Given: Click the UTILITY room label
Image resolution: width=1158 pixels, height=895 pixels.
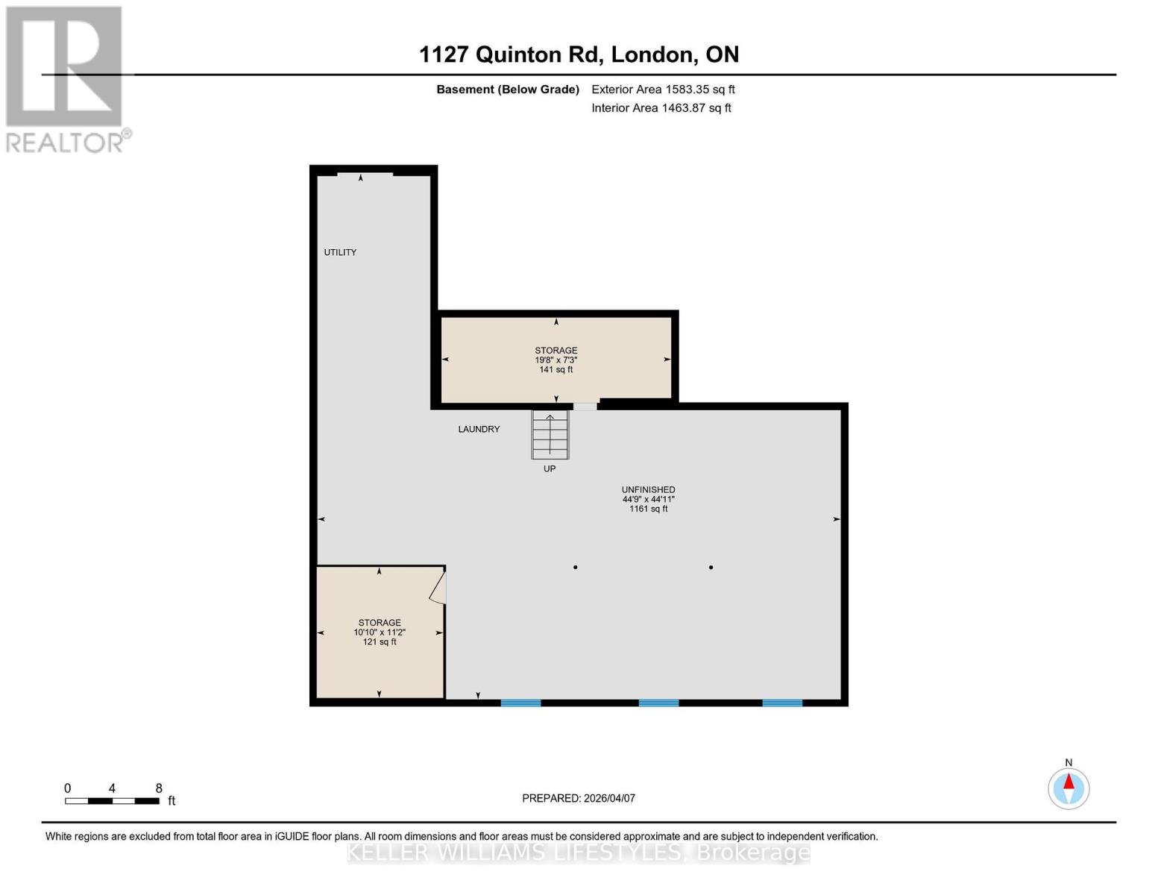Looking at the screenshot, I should (x=340, y=252).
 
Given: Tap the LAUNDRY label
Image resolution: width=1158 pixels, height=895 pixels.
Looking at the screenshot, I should (x=479, y=429).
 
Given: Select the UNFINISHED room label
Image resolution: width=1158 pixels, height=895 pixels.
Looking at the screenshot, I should (x=648, y=490).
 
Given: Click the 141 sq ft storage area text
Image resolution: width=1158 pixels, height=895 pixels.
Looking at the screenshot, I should (x=556, y=370).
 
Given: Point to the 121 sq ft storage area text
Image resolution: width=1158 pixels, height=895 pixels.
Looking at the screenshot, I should (x=380, y=642).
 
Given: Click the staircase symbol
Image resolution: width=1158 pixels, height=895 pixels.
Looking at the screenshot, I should (x=550, y=434).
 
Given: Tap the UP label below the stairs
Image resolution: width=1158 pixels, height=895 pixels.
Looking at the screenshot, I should (x=550, y=468).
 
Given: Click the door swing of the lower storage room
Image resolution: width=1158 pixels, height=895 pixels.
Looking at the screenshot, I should (x=438, y=586).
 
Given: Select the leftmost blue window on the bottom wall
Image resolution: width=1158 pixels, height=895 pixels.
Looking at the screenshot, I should (x=520, y=703).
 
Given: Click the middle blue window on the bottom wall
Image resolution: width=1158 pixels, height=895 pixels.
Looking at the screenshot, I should (x=658, y=703).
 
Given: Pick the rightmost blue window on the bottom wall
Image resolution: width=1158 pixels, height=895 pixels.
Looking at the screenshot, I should (x=781, y=703).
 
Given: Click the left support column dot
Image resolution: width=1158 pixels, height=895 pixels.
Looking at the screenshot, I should (x=575, y=568).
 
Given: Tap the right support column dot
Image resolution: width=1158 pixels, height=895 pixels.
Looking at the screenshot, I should (x=711, y=568).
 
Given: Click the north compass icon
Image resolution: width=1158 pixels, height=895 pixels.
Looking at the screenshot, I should (x=1069, y=788).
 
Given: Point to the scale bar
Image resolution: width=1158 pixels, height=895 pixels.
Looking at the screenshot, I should (x=112, y=801).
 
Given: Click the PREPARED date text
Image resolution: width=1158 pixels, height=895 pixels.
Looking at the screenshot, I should (x=579, y=798).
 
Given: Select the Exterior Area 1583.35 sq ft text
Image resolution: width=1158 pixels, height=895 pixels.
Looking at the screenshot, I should (x=663, y=89).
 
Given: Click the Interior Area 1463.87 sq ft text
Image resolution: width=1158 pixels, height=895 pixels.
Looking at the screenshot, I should (x=661, y=108).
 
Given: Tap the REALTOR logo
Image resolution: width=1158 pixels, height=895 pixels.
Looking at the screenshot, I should (x=66, y=79).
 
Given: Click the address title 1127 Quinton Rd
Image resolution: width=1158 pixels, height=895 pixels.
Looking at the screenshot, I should (x=579, y=54).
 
